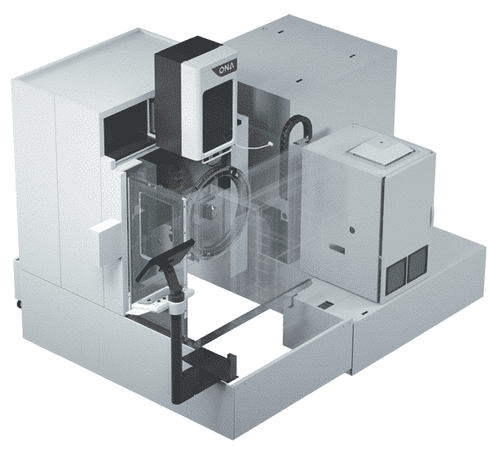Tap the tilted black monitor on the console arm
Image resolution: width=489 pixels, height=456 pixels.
[x=165, y=261]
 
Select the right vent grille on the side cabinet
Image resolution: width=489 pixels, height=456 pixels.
[x=417, y=265]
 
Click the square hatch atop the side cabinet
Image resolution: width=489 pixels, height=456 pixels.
[x=381, y=151]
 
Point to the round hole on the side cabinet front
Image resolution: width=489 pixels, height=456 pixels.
[x=352, y=230]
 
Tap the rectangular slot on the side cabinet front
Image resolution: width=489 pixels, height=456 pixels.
[x=337, y=248]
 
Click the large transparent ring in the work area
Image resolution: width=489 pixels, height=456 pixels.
[x=219, y=209]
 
